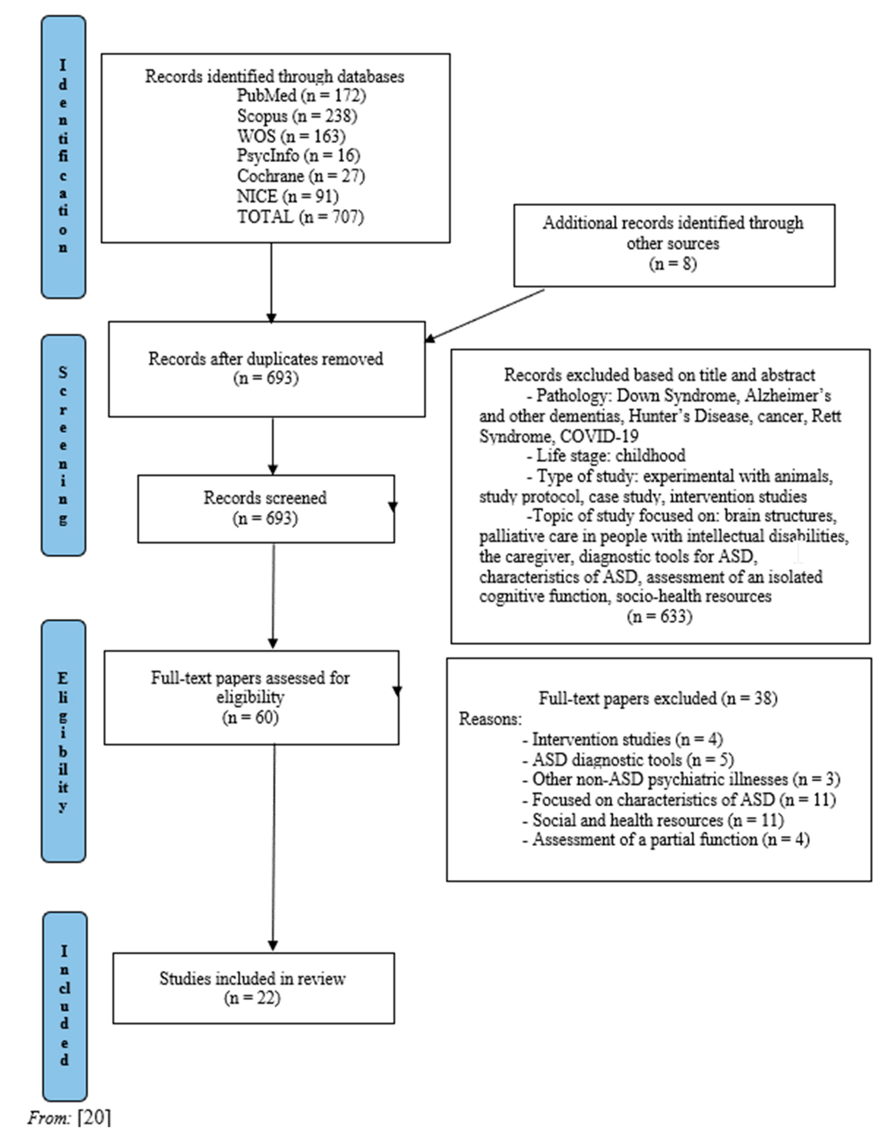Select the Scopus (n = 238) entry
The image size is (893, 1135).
pyautogui.click(x=297, y=116)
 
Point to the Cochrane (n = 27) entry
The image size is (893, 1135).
pyautogui.click(x=301, y=176)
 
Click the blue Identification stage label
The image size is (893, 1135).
pyautogui.click(x=63, y=157)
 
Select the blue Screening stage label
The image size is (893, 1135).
pyautogui.click(x=63, y=445)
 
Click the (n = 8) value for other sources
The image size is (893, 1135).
pyautogui.click(x=673, y=264)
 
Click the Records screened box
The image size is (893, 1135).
pyautogui.click(x=266, y=508)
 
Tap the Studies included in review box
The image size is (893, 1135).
pyautogui.click(x=253, y=988)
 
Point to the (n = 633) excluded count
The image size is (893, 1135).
pyautogui.click(x=659, y=617)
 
